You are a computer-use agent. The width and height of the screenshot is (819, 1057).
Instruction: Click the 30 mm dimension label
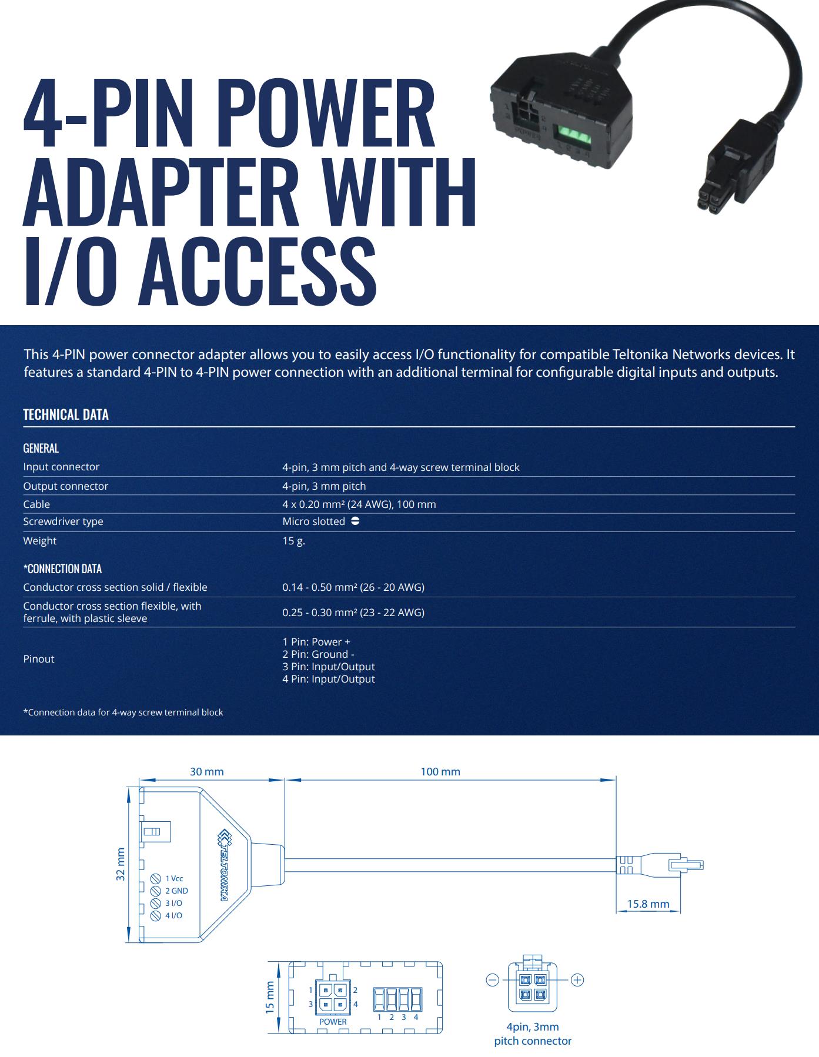pos(206,771)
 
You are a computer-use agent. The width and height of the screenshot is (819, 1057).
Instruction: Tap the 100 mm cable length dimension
pos(440,771)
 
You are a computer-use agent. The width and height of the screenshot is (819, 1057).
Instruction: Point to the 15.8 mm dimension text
pos(647,904)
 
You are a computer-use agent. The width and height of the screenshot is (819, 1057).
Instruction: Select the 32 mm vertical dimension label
pos(121,864)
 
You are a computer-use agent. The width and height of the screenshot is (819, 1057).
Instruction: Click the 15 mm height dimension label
pos(270,996)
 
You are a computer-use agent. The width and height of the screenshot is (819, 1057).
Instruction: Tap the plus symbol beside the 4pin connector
pos(577,979)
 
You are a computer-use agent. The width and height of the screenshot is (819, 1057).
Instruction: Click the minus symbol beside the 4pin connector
pos(493,979)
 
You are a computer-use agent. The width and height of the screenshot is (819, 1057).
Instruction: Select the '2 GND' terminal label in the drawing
pos(176,891)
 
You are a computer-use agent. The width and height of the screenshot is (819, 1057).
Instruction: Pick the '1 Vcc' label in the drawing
pos(174,878)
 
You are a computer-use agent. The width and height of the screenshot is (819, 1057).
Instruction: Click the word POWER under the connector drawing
pos(333,1022)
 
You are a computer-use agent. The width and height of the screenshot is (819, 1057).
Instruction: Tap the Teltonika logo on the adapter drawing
pos(225,865)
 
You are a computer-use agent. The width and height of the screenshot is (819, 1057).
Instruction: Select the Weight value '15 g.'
pos(293,541)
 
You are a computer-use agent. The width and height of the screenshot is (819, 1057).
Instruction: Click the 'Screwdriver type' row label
pos(63,521)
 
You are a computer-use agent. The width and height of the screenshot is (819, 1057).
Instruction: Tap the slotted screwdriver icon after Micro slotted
pos(355,521)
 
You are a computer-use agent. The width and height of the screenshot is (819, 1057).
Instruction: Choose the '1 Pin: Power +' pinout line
pos(316,641)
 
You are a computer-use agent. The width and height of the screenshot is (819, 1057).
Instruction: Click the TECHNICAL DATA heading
pos(66,414)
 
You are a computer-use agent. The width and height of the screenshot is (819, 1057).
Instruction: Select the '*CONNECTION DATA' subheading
pos(62,568)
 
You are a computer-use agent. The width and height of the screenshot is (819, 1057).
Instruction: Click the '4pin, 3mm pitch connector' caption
pos(532,1033)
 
